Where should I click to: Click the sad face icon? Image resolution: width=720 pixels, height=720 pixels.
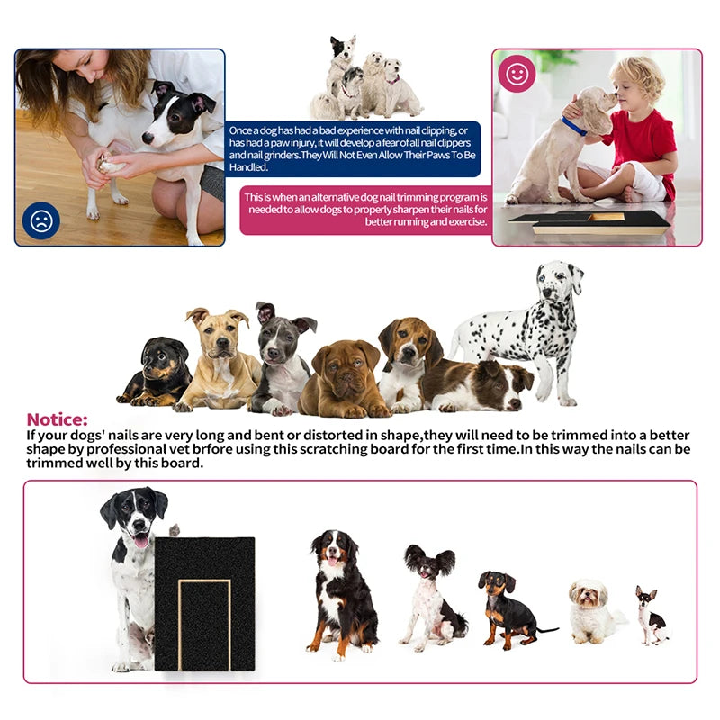point(41,220)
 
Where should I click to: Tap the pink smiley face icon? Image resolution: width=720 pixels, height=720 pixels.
point(517,75)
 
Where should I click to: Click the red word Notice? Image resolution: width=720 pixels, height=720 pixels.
point(58,419)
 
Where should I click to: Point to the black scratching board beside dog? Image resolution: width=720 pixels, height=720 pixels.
point(204,603)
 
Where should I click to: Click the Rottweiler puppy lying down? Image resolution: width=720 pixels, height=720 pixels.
point(158,371)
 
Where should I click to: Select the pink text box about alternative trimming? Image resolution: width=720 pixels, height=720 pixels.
point(366,210)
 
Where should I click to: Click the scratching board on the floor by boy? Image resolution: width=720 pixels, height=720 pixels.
point(589,221)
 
